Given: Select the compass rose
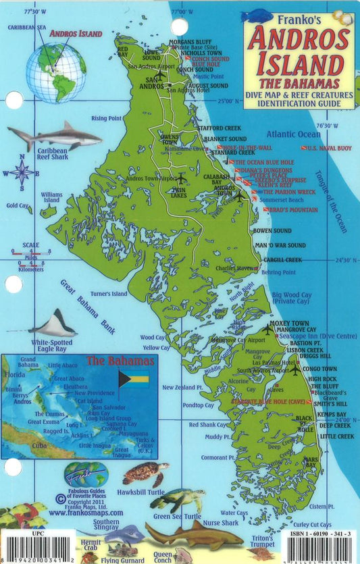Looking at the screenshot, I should click(x=22, y=172).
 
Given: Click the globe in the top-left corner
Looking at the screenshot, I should click(x=57, y=72).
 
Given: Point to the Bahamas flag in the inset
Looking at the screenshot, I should click(x=134, y=378).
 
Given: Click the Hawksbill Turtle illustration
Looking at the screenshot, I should click(x=145, y=473).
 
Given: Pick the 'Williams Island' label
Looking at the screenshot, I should click(x=51, y=197).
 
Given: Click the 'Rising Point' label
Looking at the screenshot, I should click(x=106, y=118).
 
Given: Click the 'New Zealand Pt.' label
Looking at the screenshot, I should click(x=182, y=388).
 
